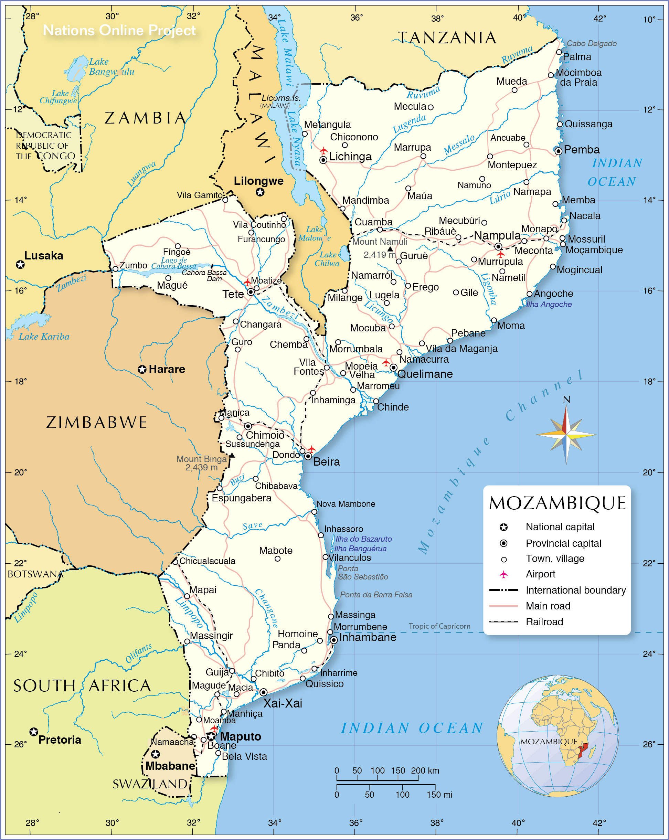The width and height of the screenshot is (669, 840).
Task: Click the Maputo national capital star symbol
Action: click(211, 736)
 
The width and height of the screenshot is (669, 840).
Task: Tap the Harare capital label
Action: click(167, 369)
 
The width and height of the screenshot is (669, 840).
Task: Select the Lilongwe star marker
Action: click(260, 192)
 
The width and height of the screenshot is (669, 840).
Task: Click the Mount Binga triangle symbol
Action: click(232, 455)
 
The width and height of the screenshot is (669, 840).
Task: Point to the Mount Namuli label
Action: click(380, 242)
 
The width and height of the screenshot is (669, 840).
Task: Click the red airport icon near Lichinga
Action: click(323, 150)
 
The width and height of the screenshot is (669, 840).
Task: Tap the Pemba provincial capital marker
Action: click(558, 151)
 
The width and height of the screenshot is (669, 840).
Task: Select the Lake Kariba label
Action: click(44, 337)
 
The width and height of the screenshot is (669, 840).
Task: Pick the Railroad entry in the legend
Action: click(544, 622)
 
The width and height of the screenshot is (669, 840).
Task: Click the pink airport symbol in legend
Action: click(503, 574)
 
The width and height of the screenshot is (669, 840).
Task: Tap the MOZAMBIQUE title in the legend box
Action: click(557, 503)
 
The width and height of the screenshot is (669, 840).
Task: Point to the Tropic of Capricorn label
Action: click(439, 626)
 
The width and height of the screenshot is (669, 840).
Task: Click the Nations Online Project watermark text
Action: click(119, 30)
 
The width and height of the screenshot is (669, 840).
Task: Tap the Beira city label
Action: click(327, 462)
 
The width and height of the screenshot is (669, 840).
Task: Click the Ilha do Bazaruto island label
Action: click(363, 539)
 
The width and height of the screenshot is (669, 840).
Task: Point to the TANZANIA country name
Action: click(447, 38)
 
